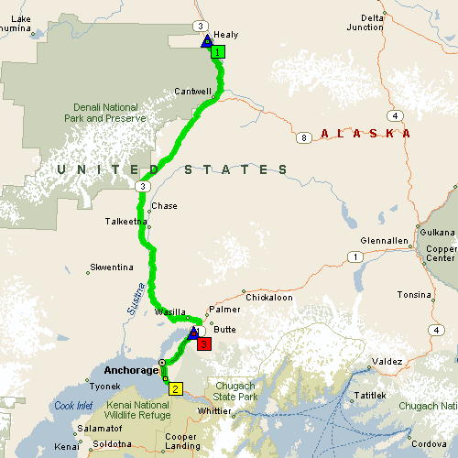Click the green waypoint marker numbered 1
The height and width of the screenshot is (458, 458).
point(217,52)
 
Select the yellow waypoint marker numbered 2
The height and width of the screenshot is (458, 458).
point(175,387)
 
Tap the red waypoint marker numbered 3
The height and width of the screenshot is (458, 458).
point(204,344)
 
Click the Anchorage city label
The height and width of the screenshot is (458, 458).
point(132,370)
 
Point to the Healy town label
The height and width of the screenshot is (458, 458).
point(225,35)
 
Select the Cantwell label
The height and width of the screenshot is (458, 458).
point(193,91)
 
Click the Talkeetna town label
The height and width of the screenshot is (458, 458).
point(126,221)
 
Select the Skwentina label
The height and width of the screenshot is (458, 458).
point(111,267)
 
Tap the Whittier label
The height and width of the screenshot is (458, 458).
point(217,412)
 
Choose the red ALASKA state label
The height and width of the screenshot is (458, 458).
point(365,134)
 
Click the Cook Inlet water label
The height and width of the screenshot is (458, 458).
point(73,406)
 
